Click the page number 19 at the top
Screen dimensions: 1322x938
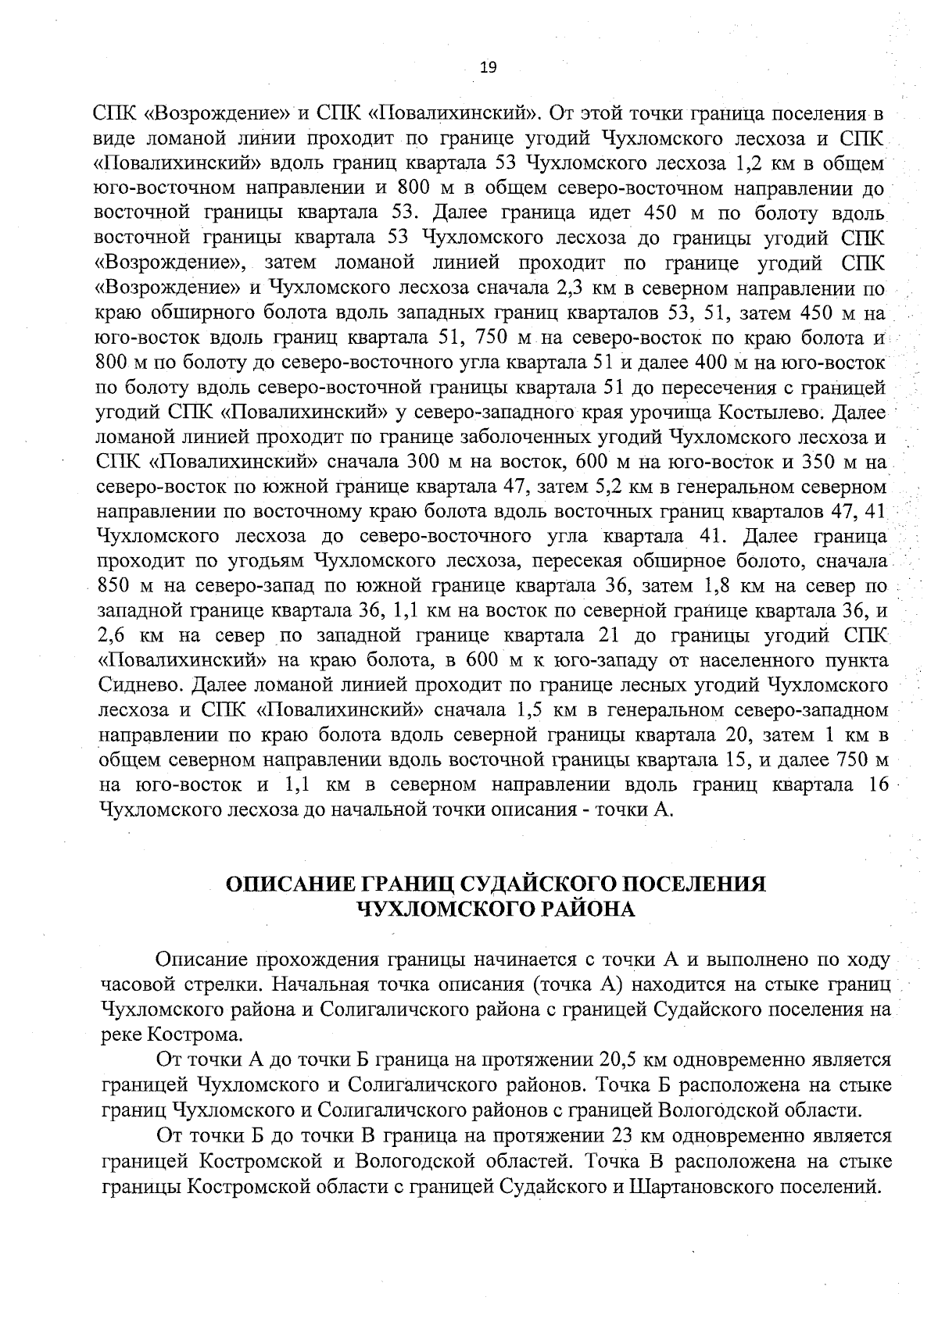tap(489, 67)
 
